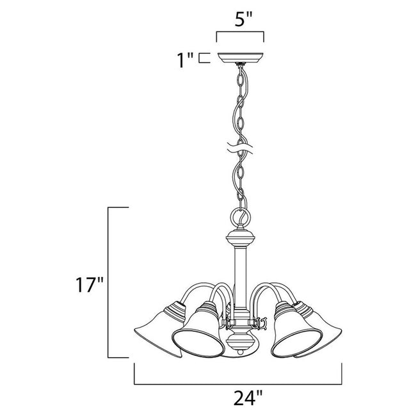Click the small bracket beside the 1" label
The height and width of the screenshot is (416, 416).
204,58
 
